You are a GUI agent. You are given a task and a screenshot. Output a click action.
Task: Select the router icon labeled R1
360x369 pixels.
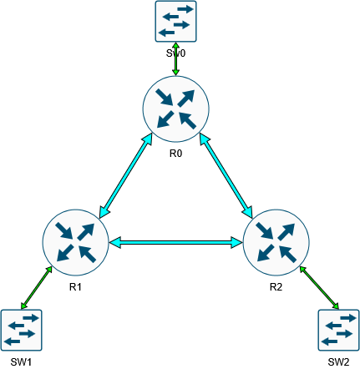pos(75,243)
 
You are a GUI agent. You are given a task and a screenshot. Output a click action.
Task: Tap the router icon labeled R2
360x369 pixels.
pos(276,243)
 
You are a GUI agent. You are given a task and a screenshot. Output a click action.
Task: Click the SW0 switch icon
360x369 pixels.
pos(175,21)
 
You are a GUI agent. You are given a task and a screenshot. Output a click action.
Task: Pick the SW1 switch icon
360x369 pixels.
pos(21,330)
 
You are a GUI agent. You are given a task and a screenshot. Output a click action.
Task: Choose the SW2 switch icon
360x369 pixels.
pos(338,330)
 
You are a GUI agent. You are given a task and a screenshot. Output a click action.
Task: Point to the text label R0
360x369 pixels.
pos(175,154)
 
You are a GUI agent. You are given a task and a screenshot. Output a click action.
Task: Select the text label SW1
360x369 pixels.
pos(21,361)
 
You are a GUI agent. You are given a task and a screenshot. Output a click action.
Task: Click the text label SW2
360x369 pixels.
pos(338,361)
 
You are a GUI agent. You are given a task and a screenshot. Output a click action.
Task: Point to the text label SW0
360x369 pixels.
pos(175,53)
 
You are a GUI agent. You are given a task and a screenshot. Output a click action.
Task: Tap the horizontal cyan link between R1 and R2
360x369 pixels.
pos(175,243)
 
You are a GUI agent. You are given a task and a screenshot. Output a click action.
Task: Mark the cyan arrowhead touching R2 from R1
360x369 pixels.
pos(236,243)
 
